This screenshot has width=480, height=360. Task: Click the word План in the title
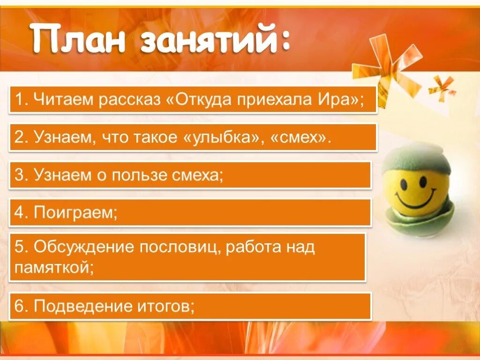(78, 41)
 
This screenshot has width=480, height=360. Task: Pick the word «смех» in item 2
(297, 137)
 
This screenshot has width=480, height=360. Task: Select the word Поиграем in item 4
(75, 213)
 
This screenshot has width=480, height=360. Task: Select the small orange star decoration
(442, 86)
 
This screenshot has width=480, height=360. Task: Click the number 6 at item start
(19, 306)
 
